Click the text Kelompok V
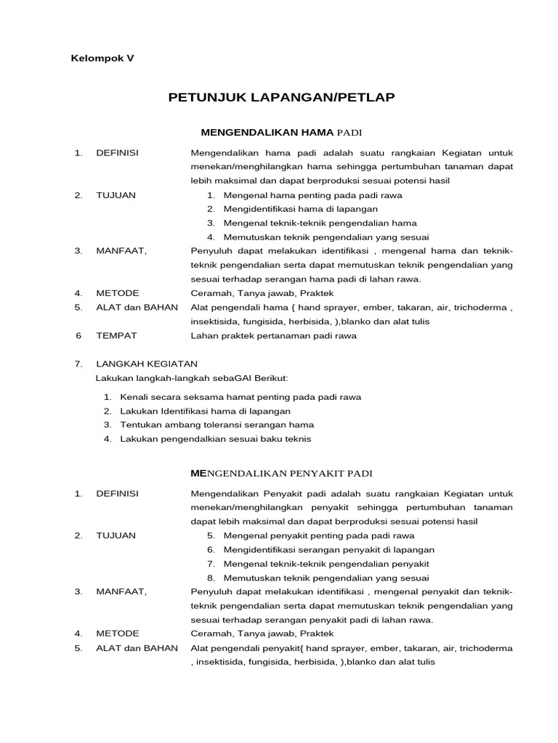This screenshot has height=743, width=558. (x=102, y=58)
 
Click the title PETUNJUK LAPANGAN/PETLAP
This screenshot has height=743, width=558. (x=281, y=97)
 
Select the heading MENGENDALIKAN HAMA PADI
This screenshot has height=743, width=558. (x=280, y=132)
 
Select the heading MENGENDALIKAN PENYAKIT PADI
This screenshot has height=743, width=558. (x=280, y=473)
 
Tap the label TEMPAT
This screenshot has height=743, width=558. (x=116, y=336)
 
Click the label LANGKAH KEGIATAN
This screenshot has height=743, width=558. (x=146, y=364)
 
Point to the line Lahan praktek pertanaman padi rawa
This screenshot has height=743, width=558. (x=273, y=336)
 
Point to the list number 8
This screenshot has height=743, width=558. (x=211, y=578)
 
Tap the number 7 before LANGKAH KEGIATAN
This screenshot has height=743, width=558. (x=78, y=364)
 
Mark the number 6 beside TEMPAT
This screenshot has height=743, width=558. (x=78, y=336)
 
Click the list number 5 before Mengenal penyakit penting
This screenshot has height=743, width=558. (x=211, y=535)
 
